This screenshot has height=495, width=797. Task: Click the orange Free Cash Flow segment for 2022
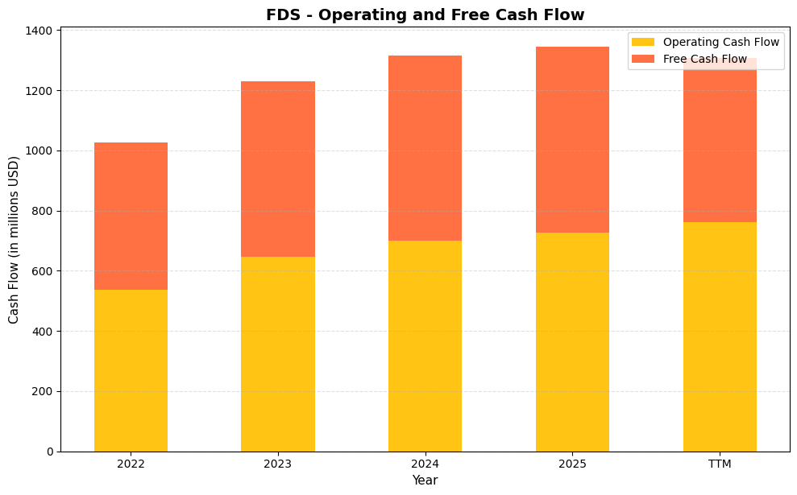click(131, 216)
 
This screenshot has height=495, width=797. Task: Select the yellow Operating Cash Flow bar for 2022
click(131, 370)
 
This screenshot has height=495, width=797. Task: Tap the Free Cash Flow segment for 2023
click(278, 169)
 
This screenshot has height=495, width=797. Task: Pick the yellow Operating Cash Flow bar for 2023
click(278, 354)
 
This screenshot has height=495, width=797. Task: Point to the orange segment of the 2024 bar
click(425, 148)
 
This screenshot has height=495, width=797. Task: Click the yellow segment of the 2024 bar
click(425, 346)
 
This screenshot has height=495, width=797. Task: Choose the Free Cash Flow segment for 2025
click(572, 139)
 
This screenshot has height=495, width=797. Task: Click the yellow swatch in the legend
click(642, 42)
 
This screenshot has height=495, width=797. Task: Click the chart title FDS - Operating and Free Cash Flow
click(425, 14)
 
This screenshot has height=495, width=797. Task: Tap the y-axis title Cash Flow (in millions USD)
click(14, 239)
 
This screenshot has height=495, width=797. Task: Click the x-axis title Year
click(425, 481)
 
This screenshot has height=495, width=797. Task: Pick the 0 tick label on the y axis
click(50, 452)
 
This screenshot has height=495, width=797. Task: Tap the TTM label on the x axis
click(720, 464)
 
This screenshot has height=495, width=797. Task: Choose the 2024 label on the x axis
click(425, 464)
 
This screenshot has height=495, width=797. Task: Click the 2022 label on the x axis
click(131, 464)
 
